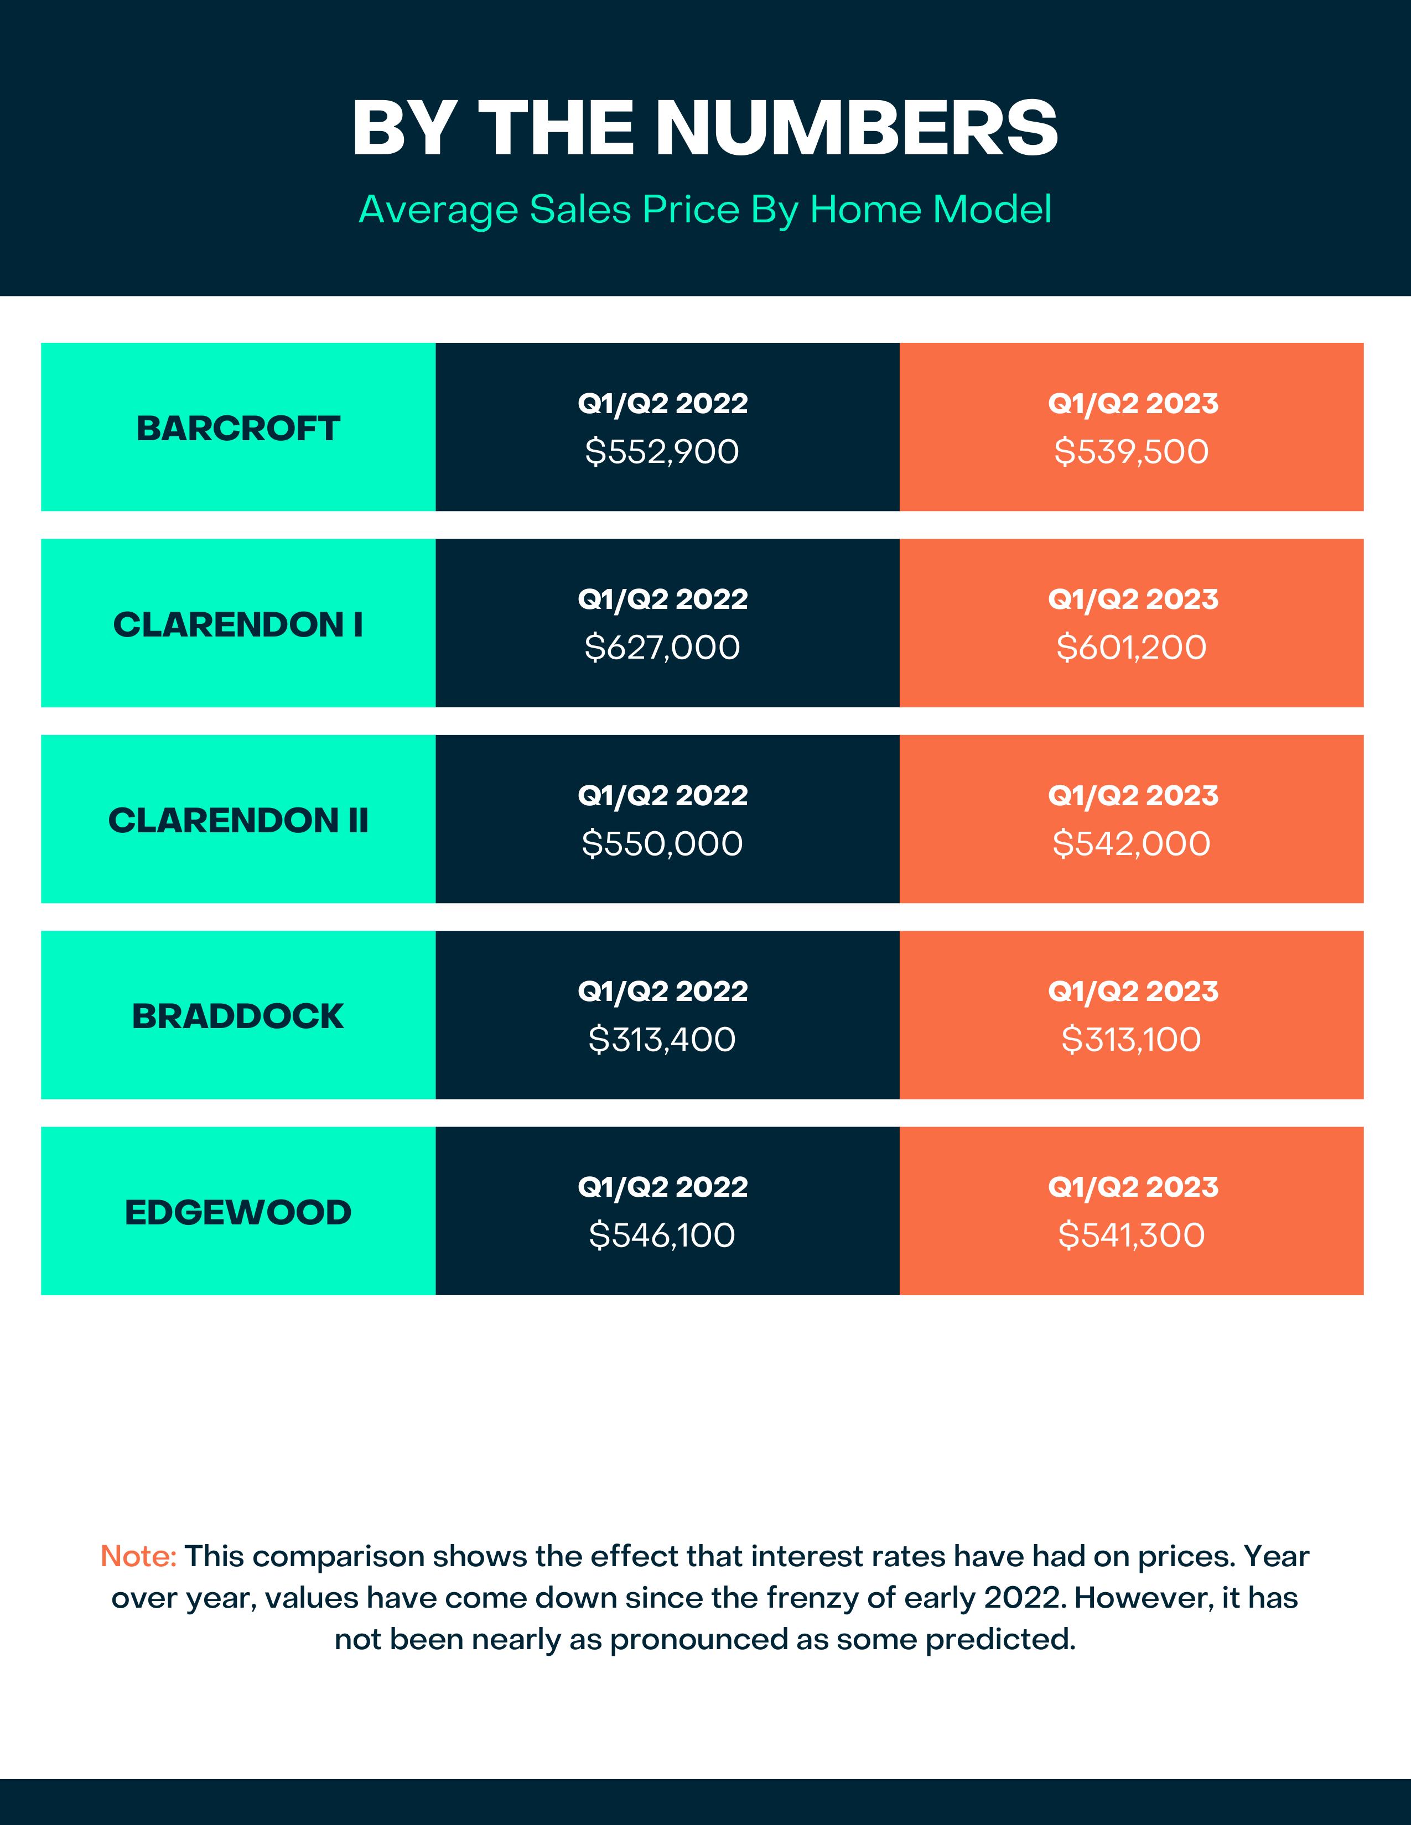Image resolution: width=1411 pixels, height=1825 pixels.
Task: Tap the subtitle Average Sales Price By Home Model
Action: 704,209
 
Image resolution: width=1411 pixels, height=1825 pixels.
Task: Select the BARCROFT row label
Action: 238,428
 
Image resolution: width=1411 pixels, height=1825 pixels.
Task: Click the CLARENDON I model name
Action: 238,624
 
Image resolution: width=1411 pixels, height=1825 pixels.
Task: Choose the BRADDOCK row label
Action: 238,1016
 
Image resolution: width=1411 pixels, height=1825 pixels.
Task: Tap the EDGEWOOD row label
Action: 238,1212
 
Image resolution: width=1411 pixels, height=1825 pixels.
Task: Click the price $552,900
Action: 662,451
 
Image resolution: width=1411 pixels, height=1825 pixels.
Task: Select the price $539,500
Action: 1131,451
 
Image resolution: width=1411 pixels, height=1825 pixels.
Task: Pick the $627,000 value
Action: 662,648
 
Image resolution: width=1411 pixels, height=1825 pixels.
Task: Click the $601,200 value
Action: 1131,648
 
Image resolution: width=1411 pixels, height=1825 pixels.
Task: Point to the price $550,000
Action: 662,843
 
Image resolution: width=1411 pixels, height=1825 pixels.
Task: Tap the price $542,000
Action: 1131,843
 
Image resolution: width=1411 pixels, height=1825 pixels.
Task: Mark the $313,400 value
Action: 662,1040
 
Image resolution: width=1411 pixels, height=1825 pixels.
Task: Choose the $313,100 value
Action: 1131,1040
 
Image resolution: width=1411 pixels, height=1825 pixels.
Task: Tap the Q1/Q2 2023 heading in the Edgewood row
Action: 1133,1187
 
